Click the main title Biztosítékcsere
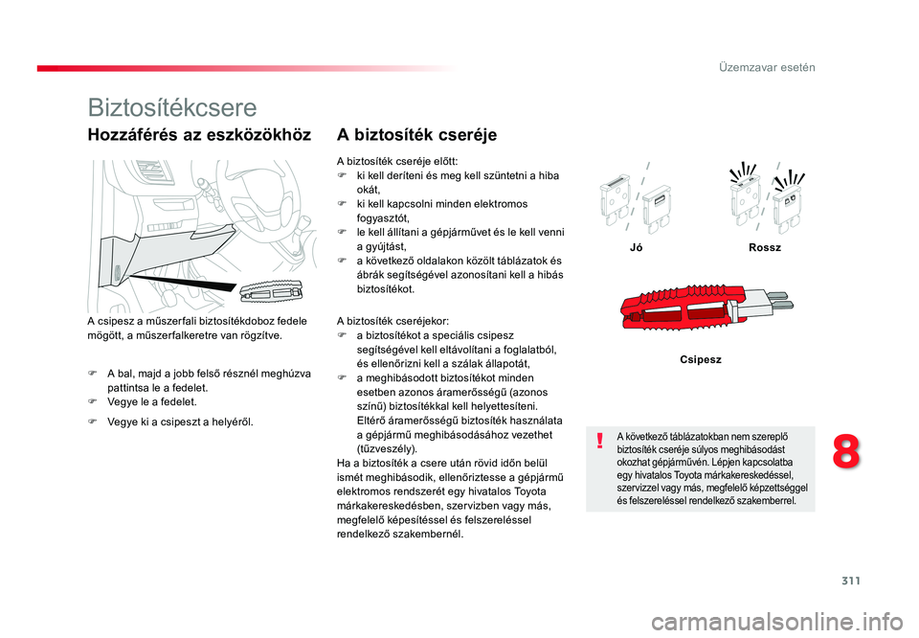coord(172,108)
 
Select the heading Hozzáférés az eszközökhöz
coord(199,135)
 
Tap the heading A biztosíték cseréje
coord(416,135)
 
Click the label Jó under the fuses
coord(636,247)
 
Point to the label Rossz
coord(765,247)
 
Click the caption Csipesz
coord(701,359)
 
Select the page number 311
coord(851,581)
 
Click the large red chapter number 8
coord(846,452)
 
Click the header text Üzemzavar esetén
coord(767,67)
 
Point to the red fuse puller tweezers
coord(683,307)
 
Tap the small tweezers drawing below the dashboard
coord(271,291)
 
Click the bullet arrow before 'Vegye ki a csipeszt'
coord(92,422)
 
